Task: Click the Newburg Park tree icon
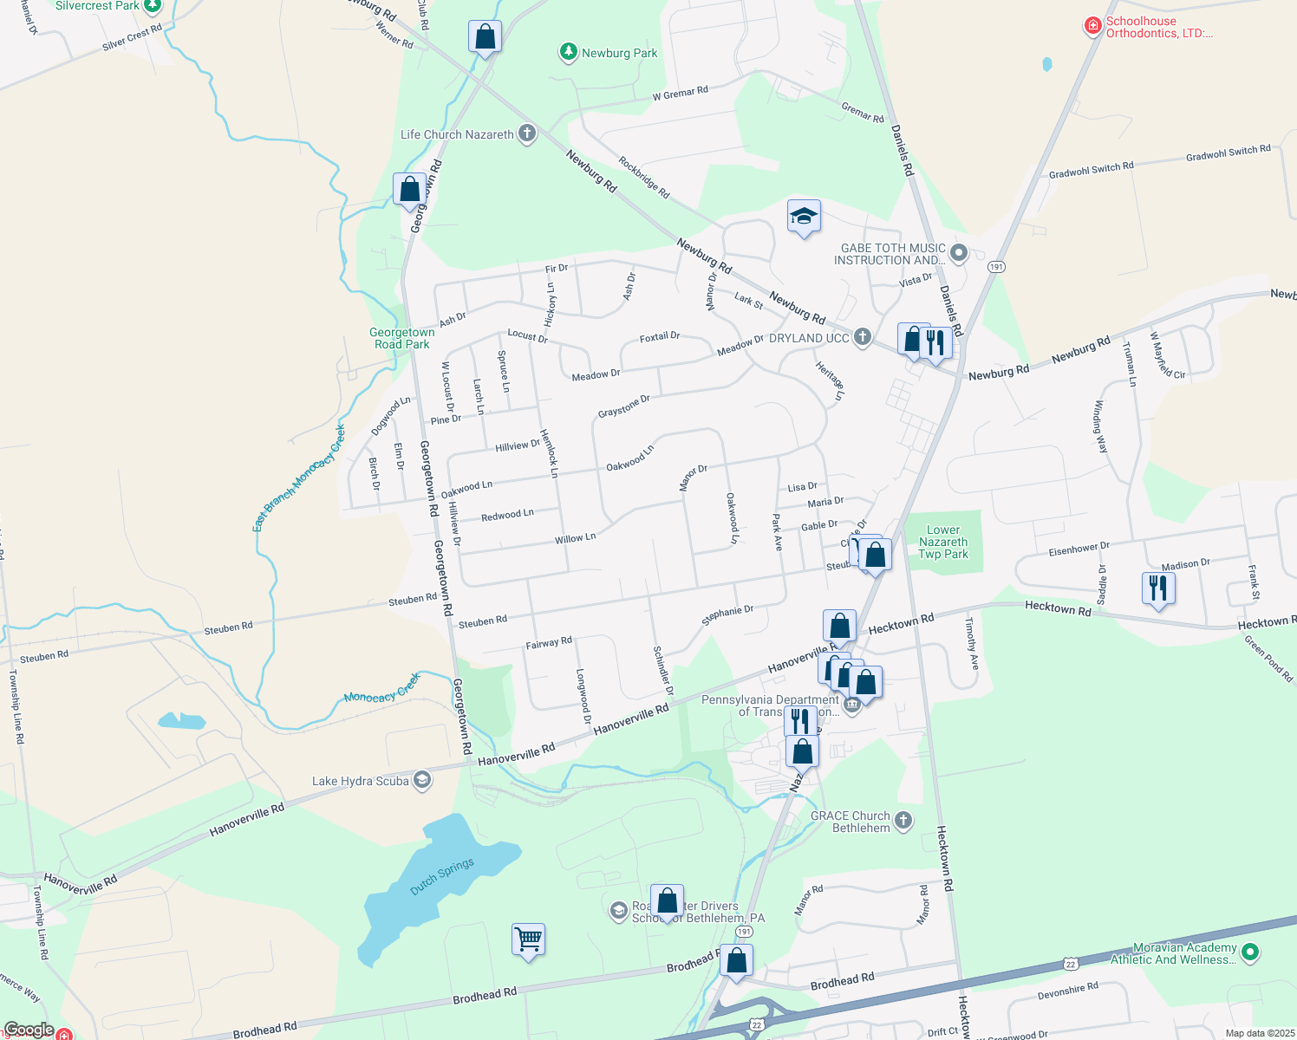[x=568, y=53]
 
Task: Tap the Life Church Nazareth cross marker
[x=526, y=133]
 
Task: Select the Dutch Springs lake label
[x=442, y=876]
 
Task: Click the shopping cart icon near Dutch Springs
[x=528, y=939]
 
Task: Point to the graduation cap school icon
[x=804, y=216]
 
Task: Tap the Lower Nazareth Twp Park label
[x=942, y=542]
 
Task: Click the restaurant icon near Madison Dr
[x=1158, y=588]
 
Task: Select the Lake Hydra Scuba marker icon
[x=421, y=780]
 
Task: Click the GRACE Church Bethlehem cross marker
[x=903, y=820]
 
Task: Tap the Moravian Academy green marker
[x=1249, y=952]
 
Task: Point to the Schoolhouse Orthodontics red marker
[x=1093, y=27]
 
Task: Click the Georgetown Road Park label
[x=402, y=338]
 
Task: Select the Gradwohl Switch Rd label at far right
[x=1228, y=153]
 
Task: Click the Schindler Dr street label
[x=663, y=670]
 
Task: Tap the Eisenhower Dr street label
[x=1079, y=549]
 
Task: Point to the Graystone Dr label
[x=623, y=406]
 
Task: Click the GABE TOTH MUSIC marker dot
[x=958, y=253]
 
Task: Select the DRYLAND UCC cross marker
[x=862, y=337]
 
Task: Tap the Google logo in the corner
[x=29, y=1030]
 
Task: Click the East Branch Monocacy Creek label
[x=299, y=478]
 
